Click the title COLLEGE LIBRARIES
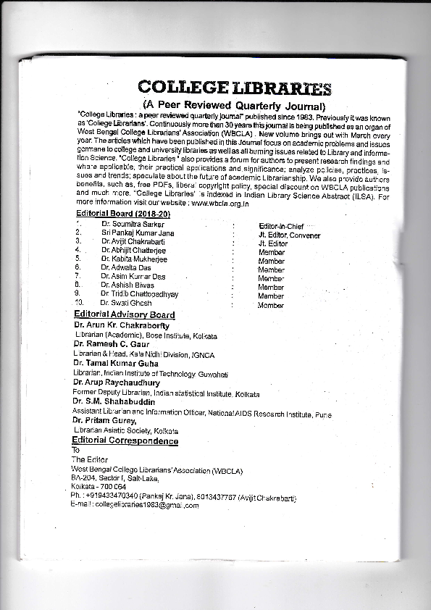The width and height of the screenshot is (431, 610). tap(235, 88)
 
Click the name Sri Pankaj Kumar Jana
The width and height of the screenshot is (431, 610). tap(138, 233)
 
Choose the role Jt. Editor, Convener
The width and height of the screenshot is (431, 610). tap(289, 235)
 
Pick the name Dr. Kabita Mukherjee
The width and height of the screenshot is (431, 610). tap(134, 259)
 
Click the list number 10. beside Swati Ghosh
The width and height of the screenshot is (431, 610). tap(80, 302)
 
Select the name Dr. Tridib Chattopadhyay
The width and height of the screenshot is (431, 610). tap(140, 294)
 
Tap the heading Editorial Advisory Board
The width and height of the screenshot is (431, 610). tap(124, 315)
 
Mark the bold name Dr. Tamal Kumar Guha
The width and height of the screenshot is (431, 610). tap(115, 362)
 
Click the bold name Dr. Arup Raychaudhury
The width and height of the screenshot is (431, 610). tap(116, 382)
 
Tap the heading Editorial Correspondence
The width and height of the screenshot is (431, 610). tap(125, 440)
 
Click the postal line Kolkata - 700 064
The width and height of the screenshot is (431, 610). tap(98, 487)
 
